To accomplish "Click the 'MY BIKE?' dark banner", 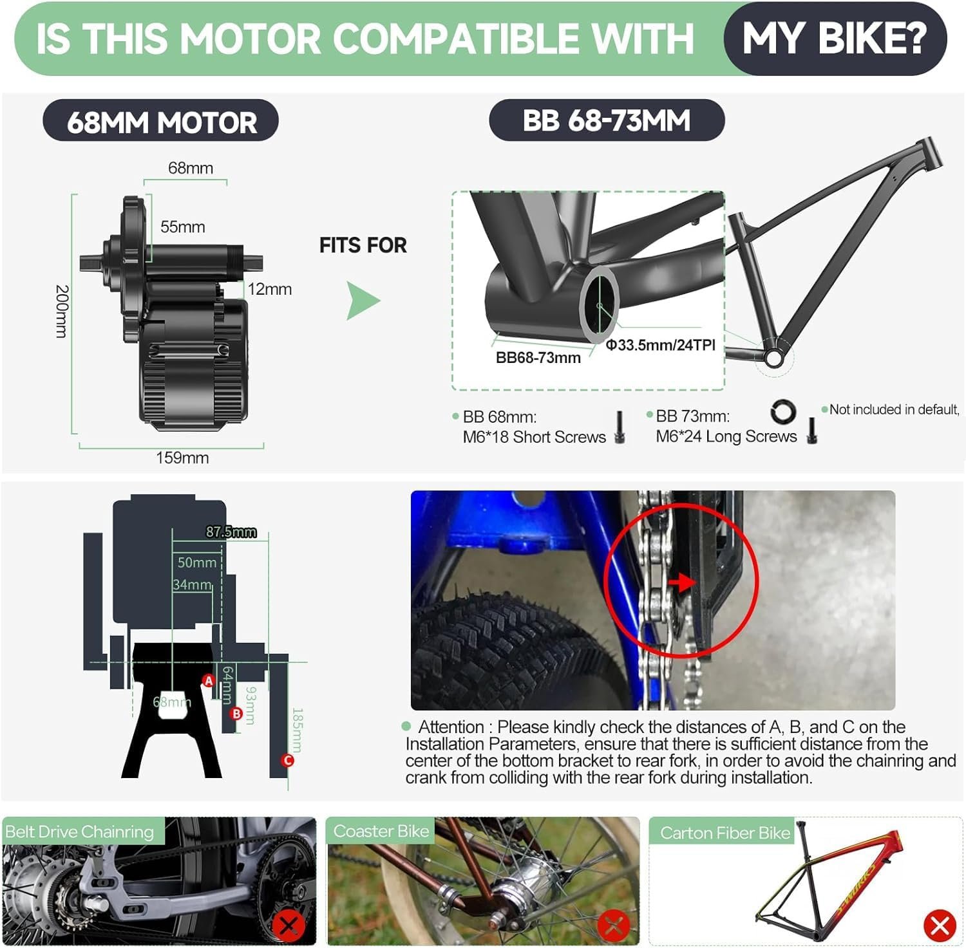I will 834,39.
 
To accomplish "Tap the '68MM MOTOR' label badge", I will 161,122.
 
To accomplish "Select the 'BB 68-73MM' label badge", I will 606,120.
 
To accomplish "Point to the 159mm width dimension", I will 182,458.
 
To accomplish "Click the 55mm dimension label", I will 182,227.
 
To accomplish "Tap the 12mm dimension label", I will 269,289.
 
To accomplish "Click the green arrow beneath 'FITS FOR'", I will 363,301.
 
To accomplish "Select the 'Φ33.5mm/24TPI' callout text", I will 660,345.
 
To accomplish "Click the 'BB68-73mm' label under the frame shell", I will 538,358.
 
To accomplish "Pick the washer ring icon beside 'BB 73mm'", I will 783,412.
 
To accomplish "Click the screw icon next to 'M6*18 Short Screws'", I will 620,427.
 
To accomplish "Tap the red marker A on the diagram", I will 209,680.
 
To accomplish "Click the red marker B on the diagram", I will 236,713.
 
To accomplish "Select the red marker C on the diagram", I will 288,760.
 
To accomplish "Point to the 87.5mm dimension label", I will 231,532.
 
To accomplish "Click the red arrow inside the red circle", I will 683,582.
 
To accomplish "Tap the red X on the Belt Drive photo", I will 288,925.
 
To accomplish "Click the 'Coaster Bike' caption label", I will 381,831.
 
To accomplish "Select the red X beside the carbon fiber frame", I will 939,925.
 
